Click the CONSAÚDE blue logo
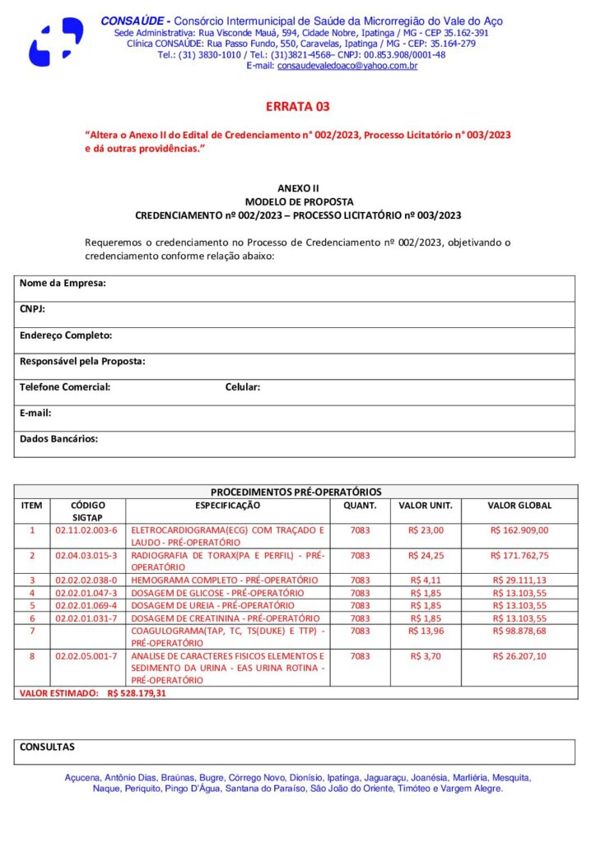coord(56,41)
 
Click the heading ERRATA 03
coord(297,107)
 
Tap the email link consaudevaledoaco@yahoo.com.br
coord(347,66)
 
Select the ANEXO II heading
coord(298,188)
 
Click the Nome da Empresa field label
coord(63,284)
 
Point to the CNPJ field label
coord(32,309)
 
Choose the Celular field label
coord(243,386)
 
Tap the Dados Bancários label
coord(58,439)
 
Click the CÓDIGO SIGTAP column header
coord(87,511)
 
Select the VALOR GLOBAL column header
coord(519,506)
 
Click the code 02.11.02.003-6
coord(86,530)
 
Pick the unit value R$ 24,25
coord(426,555)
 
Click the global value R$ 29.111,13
coord(519,580)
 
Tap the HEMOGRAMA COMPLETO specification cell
coord(225,580)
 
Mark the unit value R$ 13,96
coord(426,631)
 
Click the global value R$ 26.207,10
coord(519,656)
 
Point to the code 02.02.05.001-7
coord(86,656)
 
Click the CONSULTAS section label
coord(47,747)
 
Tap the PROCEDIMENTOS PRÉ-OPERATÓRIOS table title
coord(296,492)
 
